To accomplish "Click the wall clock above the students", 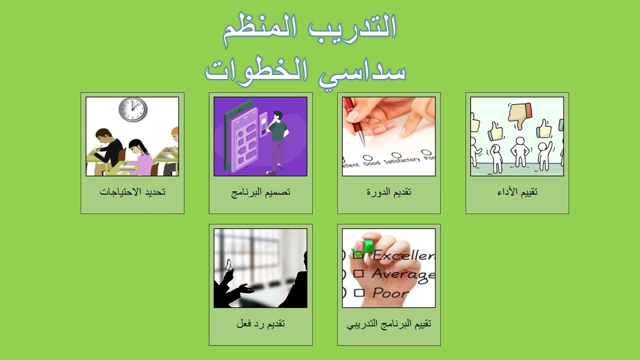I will [x=133, y=109].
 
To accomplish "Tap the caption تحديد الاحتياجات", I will [x=132, y=191].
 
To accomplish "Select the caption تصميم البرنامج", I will [x=260, y=191].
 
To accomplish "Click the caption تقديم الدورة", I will [x=389, y=191].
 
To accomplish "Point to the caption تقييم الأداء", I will [x=517, y=191].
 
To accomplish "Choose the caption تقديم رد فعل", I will [x=260, y=323].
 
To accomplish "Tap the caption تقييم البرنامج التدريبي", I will [x=389, y=323].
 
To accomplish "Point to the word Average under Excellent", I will [x=403, y=274].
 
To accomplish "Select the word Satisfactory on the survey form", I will [x=402, y=160].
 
